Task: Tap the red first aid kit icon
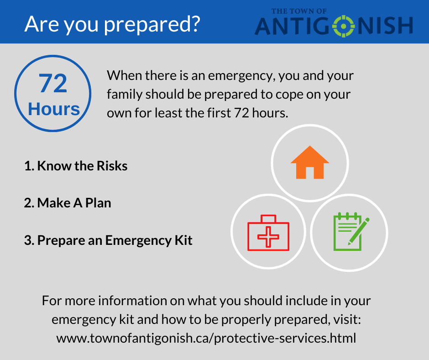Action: (x=268, y=233)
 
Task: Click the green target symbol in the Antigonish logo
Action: (x=344, y=26)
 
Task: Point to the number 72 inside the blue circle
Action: (x=53, y=83)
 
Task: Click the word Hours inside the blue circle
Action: (x=54, y=109)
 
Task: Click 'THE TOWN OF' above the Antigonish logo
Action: (x=299, y=11)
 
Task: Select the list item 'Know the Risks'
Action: (x=76, y=166)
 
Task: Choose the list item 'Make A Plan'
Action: (x=68, y=203)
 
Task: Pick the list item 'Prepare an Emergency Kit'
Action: (x=108, y=240)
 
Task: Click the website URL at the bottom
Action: (x=206, y=338)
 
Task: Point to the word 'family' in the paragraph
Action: (x=125, y=95)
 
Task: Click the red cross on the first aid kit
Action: (x=268, y=237)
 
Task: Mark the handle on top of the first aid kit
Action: (x=268, y=218)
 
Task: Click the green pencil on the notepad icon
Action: (x=359, y=232)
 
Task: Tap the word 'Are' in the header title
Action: (x=42, y=24)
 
